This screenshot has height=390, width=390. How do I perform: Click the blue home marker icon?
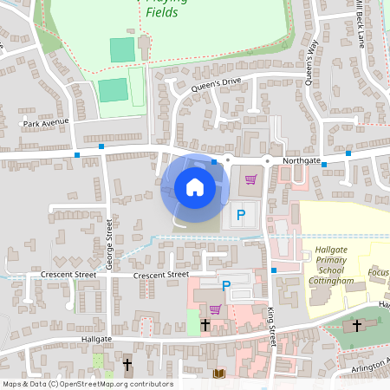(x=195, y=187)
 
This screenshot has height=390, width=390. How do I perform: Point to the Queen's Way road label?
(x=312, y=61)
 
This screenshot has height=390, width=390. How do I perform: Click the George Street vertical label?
(x=110, y=244)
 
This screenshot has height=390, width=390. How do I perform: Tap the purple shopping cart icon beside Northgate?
(x=250, y=179)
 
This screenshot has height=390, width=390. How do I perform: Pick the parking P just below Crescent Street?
(x=226, y=285)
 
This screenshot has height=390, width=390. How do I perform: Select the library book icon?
(x=218, y=374)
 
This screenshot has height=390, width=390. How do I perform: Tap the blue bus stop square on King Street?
(x=274, y=270)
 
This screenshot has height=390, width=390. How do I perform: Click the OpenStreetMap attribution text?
(x=88, y=383)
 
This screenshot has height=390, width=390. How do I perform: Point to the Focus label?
(x=378, y=273)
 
